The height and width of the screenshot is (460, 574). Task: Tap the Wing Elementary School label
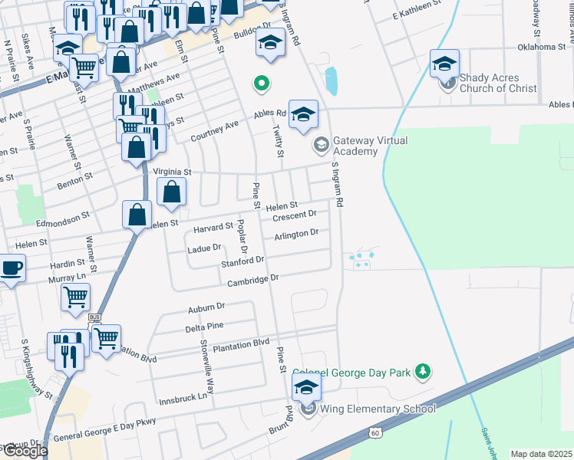[x=378, y=409]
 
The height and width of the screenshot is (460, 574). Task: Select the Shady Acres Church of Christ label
[x=500, y=83]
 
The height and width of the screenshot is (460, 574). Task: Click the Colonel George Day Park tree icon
[x=421, y=372]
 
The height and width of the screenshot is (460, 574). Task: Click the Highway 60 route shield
[x=374, y=433]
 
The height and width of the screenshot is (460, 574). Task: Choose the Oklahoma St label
[x=541, y=47]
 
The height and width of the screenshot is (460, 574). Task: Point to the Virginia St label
[x=171, y=172]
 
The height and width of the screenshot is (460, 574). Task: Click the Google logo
[x=25, y=451]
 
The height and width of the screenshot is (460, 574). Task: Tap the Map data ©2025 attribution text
[x=541, y=454]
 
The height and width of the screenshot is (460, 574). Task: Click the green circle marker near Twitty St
[x=261, y=82]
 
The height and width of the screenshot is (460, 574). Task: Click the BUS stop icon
[x=94, y=317]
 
